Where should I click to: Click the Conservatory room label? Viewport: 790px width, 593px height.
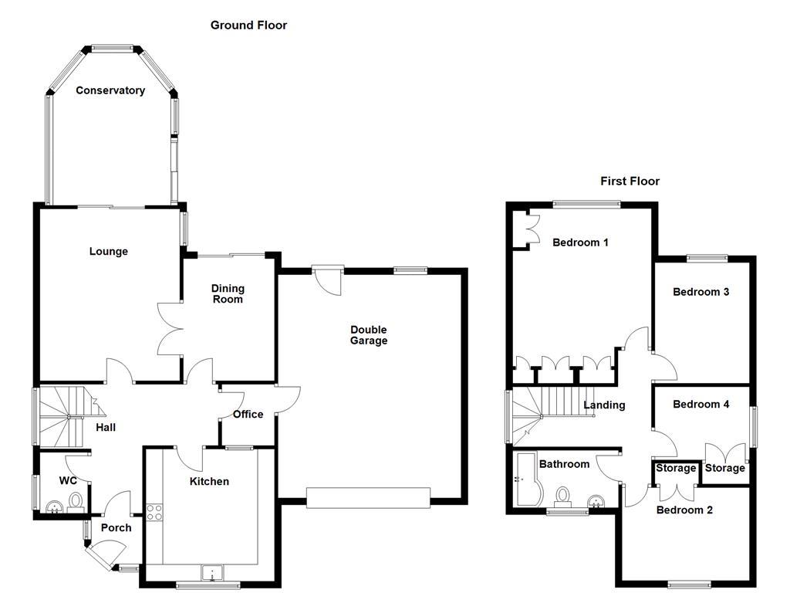110,90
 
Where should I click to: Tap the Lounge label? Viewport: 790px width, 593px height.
108,251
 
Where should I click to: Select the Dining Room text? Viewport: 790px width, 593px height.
228,293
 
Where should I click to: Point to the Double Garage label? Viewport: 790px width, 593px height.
368,335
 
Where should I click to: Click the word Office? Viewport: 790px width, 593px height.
248,414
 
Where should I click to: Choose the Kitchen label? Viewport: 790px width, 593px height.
209,481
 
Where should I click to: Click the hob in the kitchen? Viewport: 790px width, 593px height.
154,512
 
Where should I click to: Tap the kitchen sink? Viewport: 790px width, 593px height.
211,573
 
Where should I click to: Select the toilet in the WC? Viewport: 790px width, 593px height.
75,503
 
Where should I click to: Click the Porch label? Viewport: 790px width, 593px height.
116,528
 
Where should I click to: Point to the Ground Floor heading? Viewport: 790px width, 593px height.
248,25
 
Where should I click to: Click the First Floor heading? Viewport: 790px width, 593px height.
630,181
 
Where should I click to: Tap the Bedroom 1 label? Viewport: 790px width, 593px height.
580,242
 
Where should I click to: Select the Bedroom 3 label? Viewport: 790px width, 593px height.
701,292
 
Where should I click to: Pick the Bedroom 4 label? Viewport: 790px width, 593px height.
701,404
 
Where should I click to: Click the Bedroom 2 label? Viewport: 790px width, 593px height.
684,510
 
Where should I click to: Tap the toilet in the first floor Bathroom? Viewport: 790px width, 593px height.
562,494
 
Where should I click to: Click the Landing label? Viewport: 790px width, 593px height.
604,405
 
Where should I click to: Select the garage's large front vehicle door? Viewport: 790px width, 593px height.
368,497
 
